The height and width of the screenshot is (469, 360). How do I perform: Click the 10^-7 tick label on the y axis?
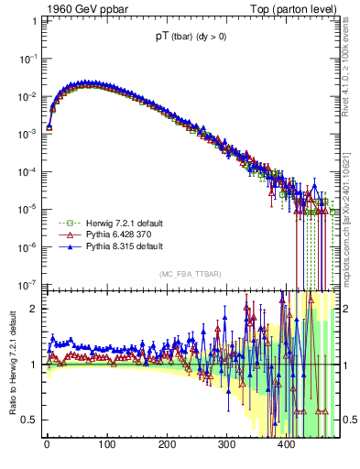point(29,285)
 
